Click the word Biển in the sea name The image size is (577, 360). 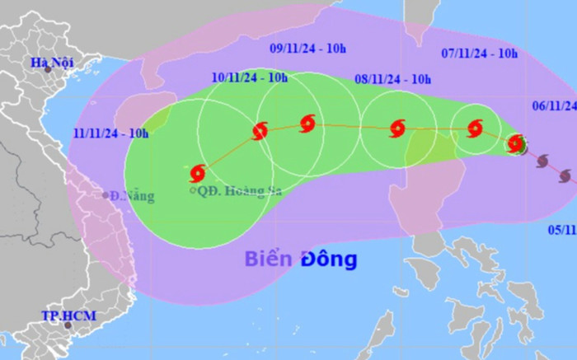(x=268, y=259)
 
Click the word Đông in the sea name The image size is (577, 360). (x=328, y=259)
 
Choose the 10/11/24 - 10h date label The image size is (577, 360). (x=250, y=78)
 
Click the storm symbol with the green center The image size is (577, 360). (x=517, y=144)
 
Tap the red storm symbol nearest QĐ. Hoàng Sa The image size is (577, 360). (x=198, y=173)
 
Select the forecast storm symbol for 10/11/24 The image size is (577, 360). (x=260, y=130)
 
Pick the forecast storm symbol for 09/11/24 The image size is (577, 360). (x=307, y=124)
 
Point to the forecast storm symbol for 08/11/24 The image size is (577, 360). (x=397, y=128)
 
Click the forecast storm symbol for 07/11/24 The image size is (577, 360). (x=475, y=128)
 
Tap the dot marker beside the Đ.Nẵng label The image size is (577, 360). (x=106, y=195)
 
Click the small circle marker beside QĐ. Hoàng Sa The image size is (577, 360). (x=193, y=191)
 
